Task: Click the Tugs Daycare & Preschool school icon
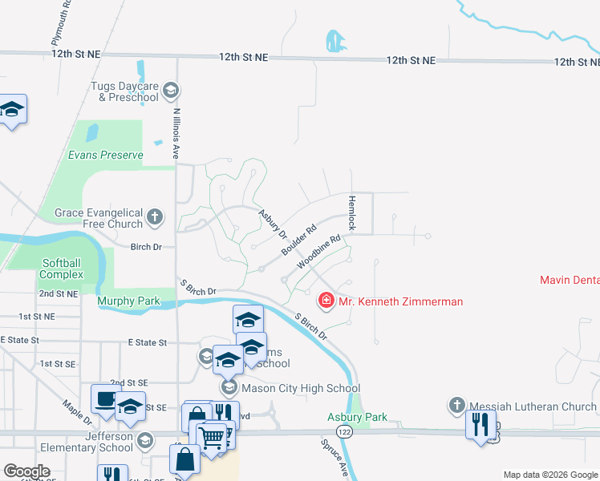tap(169, 90)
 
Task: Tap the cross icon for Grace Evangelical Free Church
tap(154, 216)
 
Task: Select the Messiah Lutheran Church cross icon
tap(457, 406)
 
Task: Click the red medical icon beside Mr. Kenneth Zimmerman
tap(326, 301)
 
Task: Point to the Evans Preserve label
tap(105, 155)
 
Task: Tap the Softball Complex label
tap(63, 269)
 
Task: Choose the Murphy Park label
tap(128, 301)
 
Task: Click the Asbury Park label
tap(357, 417)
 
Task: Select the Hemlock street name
tap(351, 212)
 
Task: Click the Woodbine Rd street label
tap(318, 252)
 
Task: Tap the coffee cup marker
tap(105, 399)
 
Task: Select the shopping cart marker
tap(212, 438)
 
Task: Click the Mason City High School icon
tap(229, 388)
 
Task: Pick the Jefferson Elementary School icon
tap(144, 440)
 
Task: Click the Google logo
tap(26, 471)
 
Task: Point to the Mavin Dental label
tap(569, 281)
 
